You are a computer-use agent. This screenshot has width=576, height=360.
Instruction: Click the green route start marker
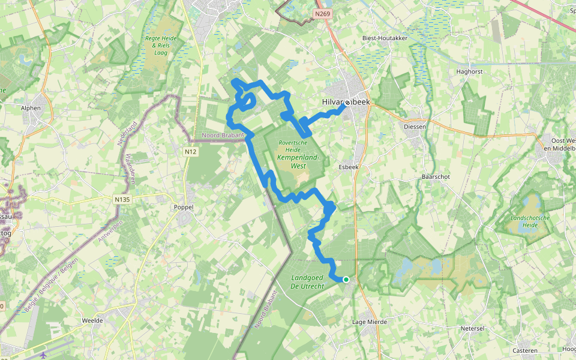point(346,279)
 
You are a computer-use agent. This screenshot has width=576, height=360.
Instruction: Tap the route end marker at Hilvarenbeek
point(347,103)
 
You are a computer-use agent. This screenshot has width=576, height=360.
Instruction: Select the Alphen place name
point(31,109)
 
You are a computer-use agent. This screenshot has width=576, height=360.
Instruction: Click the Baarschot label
point(436,177)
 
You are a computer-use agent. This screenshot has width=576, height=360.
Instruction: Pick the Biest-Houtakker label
point(385,38)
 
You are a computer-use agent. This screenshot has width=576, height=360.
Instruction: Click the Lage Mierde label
point(370,322)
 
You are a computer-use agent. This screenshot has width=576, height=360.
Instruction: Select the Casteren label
point(525,350)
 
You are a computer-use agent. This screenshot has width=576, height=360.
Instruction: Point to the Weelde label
point(92,320)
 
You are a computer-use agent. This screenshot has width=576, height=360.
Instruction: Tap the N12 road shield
point(191,152)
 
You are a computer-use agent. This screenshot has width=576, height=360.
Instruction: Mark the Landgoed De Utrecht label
point(307,282)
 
